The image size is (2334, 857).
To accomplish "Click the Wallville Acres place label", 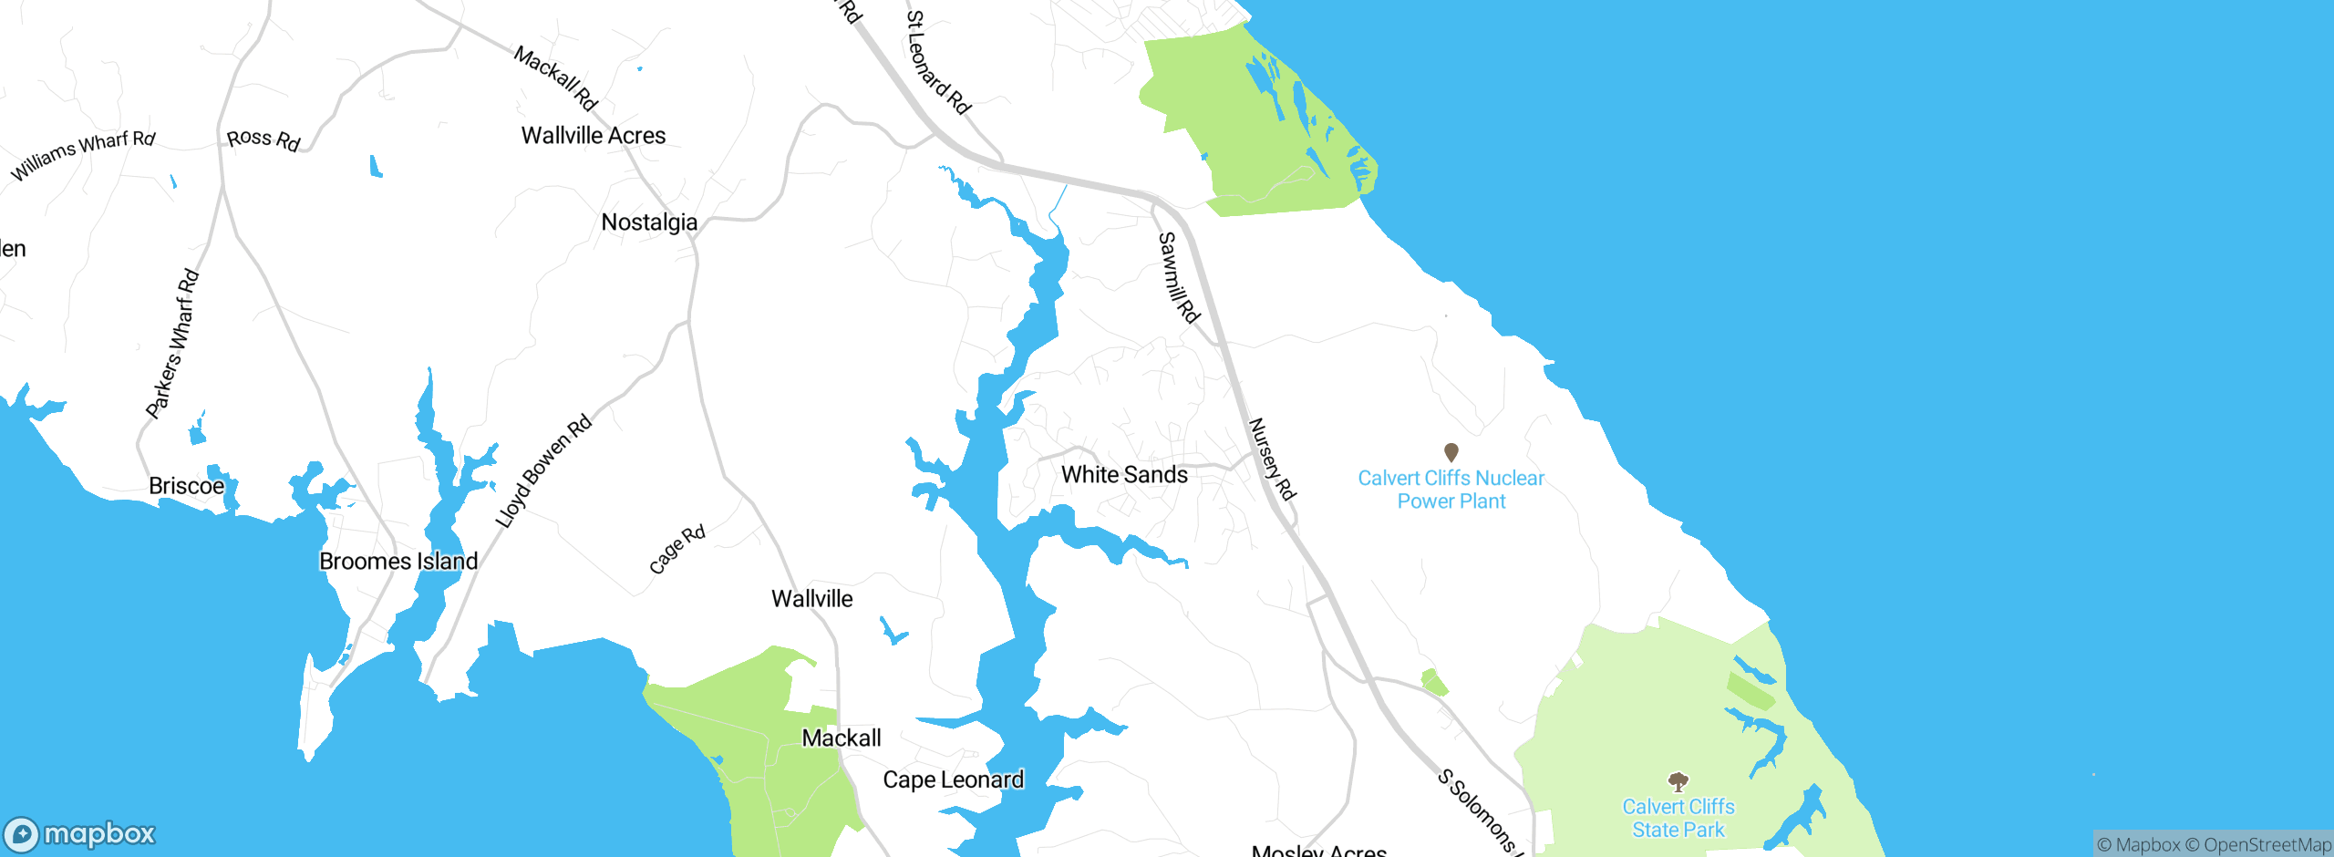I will tap(594, 136).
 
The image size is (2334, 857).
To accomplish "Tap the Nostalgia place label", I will tap(649, 222).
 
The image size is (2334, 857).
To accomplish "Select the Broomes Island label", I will tap(398, 562).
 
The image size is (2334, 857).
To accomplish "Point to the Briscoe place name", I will tap(186, 486).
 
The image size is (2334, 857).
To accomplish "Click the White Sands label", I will tap(1124, 475).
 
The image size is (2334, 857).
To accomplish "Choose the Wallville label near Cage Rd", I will tap(811, 599).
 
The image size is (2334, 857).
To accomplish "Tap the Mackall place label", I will tap(841, 738).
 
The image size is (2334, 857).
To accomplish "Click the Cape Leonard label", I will tap(953, 780).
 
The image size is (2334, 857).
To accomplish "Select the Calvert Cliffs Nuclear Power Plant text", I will tap(1451, 490).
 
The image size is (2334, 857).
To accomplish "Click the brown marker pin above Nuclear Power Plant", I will tap(1451, 451).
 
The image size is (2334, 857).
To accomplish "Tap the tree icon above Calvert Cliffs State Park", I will tap(1678, 781).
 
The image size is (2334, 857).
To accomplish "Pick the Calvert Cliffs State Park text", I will tap(1678, 819).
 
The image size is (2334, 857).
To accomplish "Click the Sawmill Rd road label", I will tap(1178, 277).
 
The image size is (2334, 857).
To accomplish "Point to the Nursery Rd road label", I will tap(1272, 459).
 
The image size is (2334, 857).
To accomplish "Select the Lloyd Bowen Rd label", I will tap(543, 471).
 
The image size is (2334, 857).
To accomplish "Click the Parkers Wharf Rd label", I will tap(172, 344).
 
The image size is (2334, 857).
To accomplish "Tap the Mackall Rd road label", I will tap(555, 78).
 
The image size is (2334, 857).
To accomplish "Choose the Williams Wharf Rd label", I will tap(83, 154).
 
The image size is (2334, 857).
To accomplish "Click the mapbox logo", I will tap(80, 834).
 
